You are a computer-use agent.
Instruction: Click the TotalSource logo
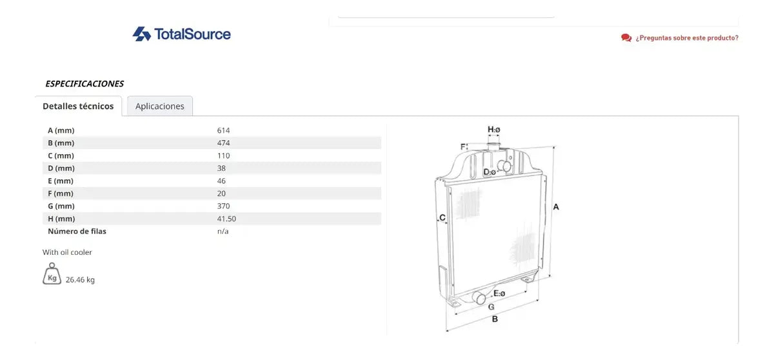coord(182,34)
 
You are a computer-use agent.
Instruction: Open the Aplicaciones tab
coord(160,106)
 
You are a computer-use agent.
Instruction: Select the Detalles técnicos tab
coord(78,106)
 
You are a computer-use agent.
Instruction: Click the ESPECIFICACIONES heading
coord(84,84)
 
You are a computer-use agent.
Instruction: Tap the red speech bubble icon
coord(626,37)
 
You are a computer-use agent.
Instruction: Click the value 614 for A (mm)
coord(223,130)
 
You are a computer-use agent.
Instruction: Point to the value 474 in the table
coord(223,143)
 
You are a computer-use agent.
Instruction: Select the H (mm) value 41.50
coord(226,219)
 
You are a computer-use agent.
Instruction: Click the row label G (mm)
coord(61,206)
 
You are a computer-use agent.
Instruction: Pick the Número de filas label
coord(77,231)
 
